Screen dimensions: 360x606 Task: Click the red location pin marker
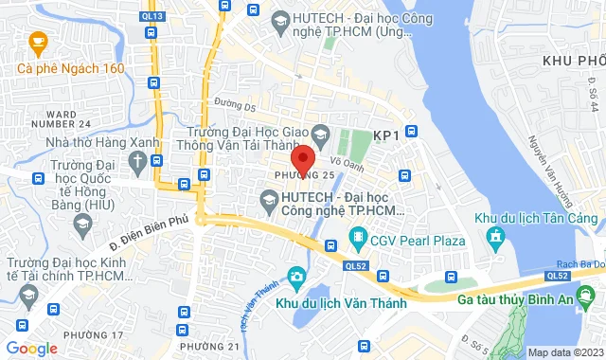(302, 158)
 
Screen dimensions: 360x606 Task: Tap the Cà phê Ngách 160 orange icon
(36, 41)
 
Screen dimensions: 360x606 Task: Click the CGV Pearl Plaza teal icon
(358, 236)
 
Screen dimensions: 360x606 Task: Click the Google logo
(30, 349)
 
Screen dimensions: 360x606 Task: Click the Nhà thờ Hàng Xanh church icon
(139, 161)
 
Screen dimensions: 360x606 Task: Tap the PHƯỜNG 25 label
(305, 176)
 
